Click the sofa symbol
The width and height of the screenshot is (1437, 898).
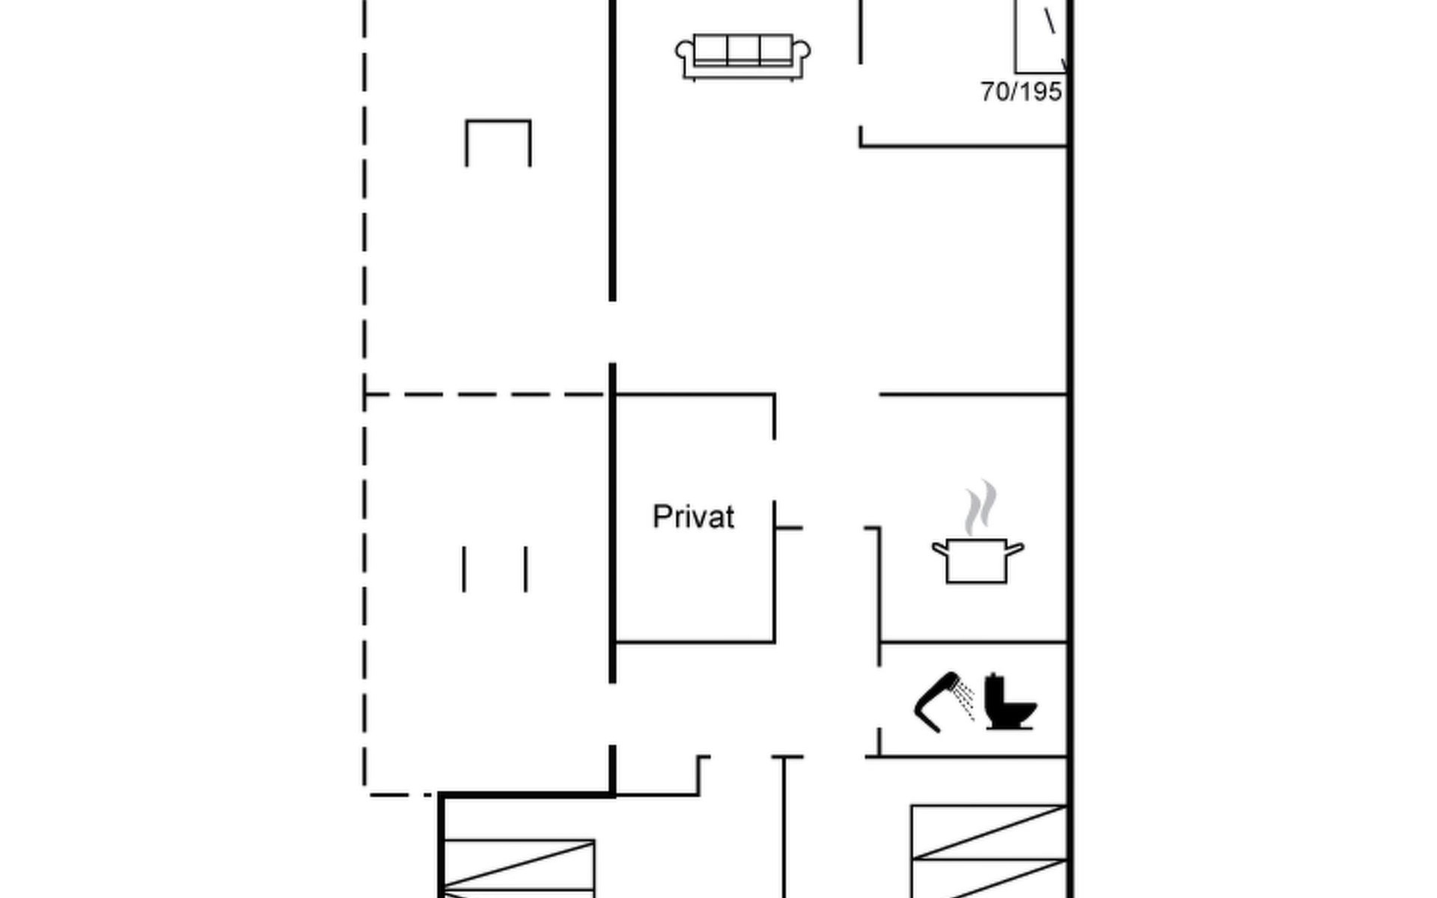pos(742,56)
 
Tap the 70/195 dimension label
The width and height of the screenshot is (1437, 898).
pos(1021,92)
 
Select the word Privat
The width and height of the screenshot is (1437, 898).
pos(693,517)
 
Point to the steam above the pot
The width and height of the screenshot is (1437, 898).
pos(980,507)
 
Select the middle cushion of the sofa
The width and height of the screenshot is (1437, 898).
pos(742,49)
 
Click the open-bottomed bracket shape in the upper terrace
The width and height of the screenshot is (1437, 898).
pos(498,121)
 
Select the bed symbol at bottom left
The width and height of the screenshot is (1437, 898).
pos(519,868)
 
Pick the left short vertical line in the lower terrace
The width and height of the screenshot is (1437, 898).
pos(464,569)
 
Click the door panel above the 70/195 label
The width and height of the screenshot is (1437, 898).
pos(1040,36)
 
